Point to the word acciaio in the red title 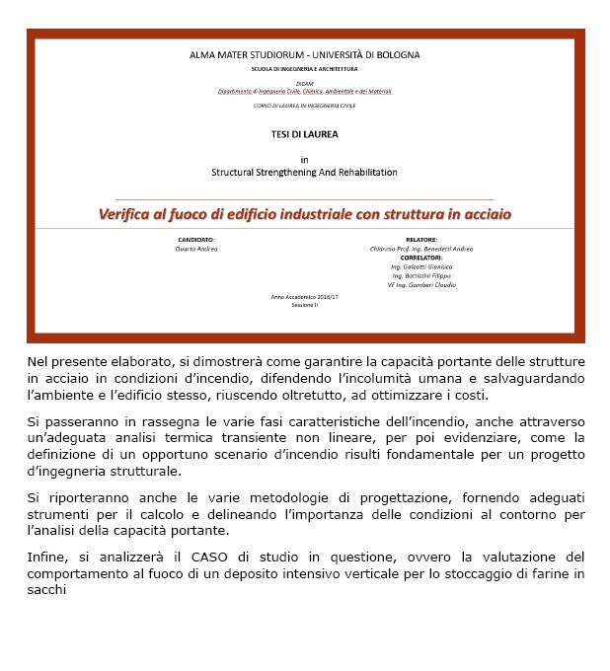click(482, 213)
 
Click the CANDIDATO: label click(195, 240)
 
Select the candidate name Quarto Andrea click(195, 249)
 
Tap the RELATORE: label click(421, 240)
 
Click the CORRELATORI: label click(421, 258)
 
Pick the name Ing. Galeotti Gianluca click(421, 266)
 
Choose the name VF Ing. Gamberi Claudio click(421, 285)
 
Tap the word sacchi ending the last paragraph click(46, 590)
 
